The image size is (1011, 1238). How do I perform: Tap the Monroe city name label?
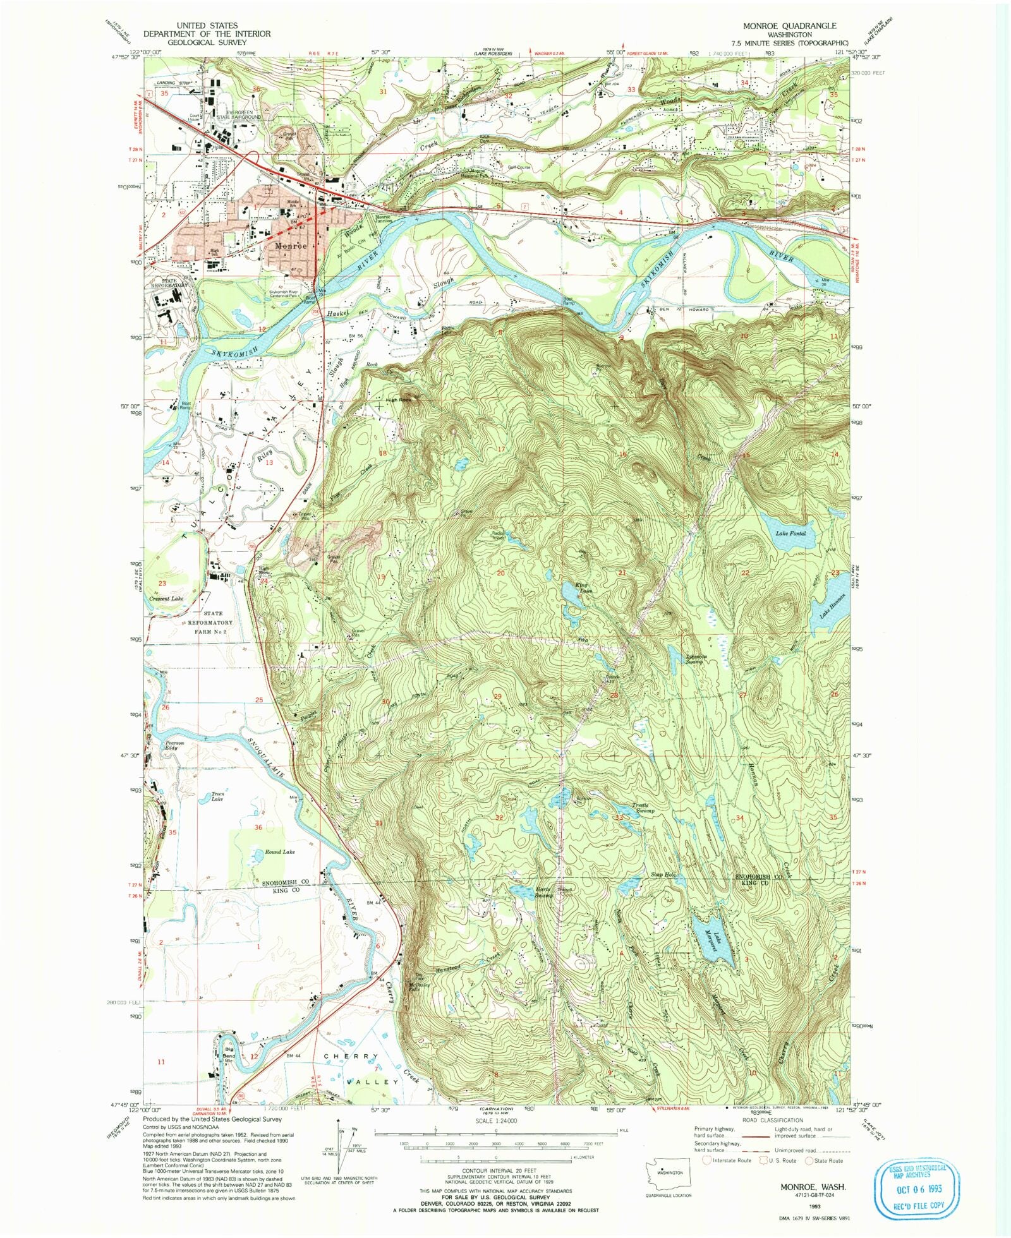291,246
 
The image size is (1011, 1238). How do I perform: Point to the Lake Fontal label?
790,534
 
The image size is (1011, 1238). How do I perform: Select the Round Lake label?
280,852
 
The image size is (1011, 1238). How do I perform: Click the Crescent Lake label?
166,598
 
